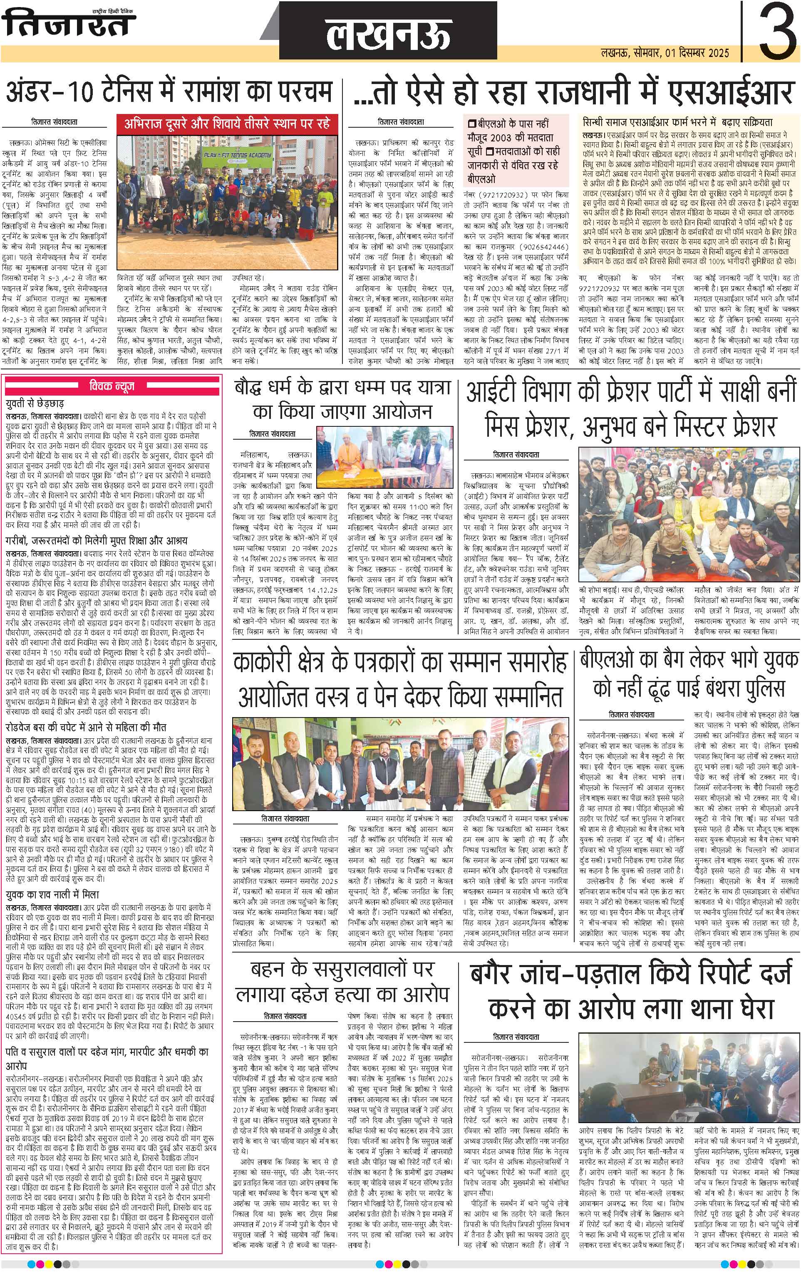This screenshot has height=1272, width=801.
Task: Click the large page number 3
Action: click(x=777, y=32)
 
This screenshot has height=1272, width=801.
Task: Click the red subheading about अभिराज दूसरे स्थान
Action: click(x=227, y=123)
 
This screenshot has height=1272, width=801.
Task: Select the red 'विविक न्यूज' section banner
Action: click(x=112, y=386)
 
